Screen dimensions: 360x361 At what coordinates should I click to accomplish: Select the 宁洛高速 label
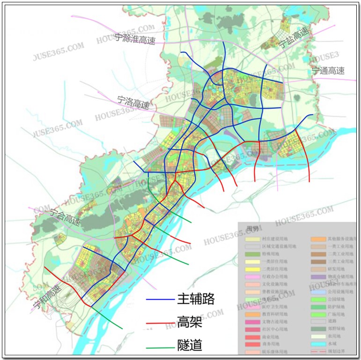[x=133, y=102]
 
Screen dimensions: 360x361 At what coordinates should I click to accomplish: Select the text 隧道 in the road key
[x=190, y=346]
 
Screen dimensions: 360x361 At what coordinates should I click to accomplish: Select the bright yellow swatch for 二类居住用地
[x=252, y=269]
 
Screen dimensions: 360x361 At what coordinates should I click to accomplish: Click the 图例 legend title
[x=252, y=229]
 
